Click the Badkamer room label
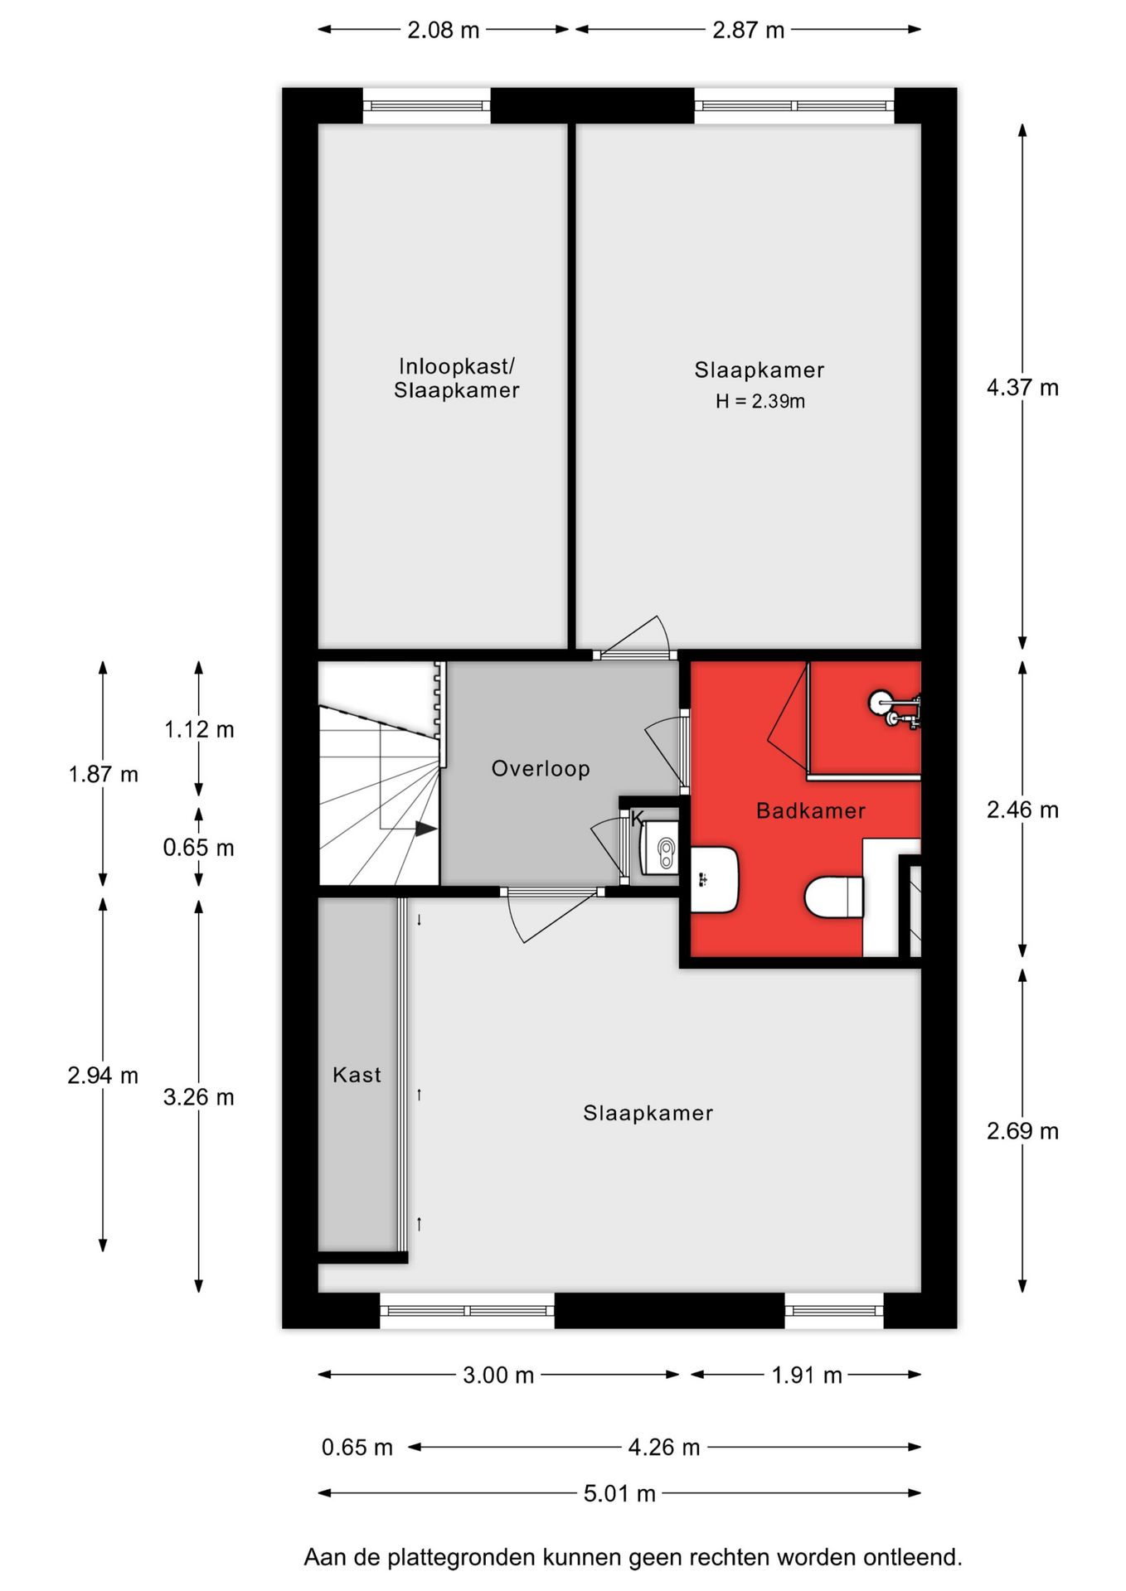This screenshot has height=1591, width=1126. (810, 810)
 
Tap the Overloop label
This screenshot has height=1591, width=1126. (541, 768)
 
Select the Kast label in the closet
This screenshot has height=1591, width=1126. (357, 1075)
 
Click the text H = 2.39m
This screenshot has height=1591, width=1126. (760, 402)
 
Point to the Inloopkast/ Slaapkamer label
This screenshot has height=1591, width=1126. (456, 378)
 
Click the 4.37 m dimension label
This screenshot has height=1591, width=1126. (1022, 387)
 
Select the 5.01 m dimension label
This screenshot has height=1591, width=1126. (619, 1493)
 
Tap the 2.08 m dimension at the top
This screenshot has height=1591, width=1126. (443, 30)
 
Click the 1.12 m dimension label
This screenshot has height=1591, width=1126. (199, 729)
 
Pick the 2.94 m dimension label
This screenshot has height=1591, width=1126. (103, 1075)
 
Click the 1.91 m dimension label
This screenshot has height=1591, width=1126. (806, 1376)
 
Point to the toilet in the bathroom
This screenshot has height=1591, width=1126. (834, 898)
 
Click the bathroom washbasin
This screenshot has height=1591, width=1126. (713, 879)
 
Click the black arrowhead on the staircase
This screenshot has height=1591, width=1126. (425, 828)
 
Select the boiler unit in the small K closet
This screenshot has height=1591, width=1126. (660, 847)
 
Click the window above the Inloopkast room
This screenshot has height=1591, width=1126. (427, 106)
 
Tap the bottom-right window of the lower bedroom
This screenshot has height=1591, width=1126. (833, 1310)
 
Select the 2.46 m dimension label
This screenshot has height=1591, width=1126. (1022, 810)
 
